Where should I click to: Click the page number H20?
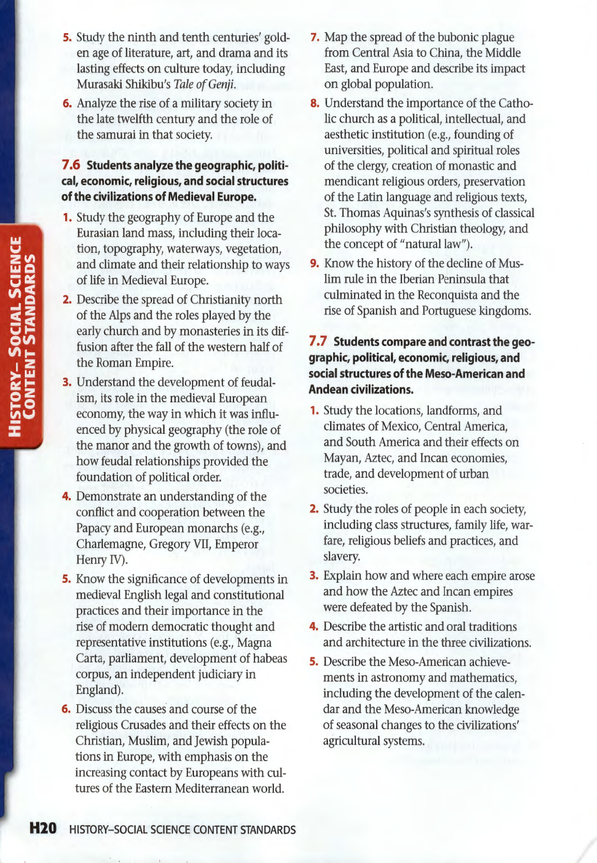pos(42,828)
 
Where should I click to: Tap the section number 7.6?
pos(71,165)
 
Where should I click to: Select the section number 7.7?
pos(318,341)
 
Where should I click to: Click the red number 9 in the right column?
pos(314,263)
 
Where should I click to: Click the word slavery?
pos(341,556)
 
